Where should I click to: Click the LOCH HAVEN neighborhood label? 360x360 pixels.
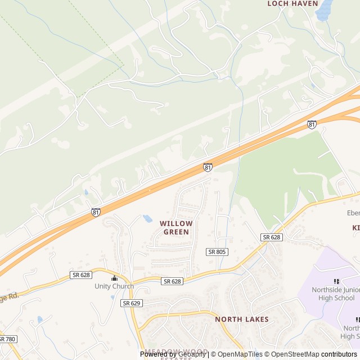pos(292,3)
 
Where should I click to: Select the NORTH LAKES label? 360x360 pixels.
pos(242,319)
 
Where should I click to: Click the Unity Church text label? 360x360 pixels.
pos(114,286)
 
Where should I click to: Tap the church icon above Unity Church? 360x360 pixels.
pos(114,278)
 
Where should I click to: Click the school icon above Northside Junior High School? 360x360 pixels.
pos(336,281)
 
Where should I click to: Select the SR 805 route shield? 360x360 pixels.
pos(217,251)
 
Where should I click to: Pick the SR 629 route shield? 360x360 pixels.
pos(131,303)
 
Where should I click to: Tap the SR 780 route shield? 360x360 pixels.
pos(7,339)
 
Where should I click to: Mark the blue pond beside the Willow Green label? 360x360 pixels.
pos(148,218)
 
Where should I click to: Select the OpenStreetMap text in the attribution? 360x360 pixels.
pos(295,354)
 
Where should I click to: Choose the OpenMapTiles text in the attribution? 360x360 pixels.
pos(240,354)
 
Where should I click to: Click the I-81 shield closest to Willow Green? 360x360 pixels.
pos(208,168)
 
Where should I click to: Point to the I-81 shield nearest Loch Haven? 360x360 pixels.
pos(312,124)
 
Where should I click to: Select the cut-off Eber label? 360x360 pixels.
pos(353,213)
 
